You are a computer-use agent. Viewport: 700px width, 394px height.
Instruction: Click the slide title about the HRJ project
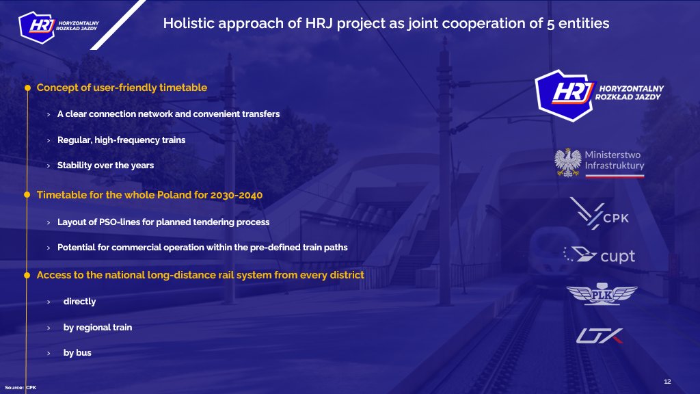[x=386, y=24]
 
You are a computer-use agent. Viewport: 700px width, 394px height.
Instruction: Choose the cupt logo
[x=599, y=256]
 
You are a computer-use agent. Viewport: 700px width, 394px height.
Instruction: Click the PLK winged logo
[x=602, y=294]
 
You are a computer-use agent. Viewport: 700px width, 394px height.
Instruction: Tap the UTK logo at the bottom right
[x=599, y=336]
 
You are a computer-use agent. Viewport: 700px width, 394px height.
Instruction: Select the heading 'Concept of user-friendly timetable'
[x=122, y=88]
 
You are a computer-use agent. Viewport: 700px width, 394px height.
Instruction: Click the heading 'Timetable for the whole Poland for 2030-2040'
[x=149, y=195]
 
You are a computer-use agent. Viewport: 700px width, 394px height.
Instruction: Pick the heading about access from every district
[x=200, y=275]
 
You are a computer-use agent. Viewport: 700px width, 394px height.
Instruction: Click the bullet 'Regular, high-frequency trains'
[x=121, y=140]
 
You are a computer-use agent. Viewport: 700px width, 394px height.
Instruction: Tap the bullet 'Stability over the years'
[x=105, y=165]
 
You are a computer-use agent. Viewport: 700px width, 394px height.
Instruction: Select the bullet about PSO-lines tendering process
[x=163, y=222]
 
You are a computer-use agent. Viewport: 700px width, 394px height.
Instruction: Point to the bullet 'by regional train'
[x=97, y=327]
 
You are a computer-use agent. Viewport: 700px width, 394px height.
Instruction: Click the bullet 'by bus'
[x=77, y=353]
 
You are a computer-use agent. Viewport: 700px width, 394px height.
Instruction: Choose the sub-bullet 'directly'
[x=79, y=301]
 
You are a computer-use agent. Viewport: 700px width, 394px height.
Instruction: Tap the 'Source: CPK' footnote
[x=21, y=387]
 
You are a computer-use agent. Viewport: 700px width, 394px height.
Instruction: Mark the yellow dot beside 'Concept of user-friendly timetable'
[x=28, y=88]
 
